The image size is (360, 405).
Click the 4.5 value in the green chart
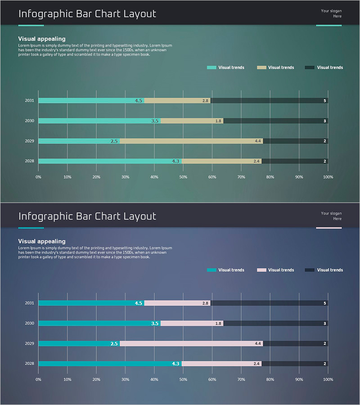tap(139, 101)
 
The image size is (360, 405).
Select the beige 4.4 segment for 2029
tap(191, 141)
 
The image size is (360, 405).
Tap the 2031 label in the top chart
tap(29, 101)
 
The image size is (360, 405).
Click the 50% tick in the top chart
tap(183, 177)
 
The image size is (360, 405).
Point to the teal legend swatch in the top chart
tap(211, 67)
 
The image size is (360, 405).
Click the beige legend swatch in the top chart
tap(261, 67)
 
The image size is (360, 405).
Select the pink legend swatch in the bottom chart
tap(261, 270)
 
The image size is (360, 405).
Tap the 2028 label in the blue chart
tap(29, 364)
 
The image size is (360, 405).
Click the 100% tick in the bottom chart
tap(328, 380)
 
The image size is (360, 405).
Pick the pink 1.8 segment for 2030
tap(192, 324)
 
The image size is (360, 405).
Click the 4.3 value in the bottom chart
tap(175, 364)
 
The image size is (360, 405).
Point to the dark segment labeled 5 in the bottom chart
tap(269, 303)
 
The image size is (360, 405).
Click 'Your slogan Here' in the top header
tap(331, 13)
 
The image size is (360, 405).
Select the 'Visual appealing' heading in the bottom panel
tap(42, 242)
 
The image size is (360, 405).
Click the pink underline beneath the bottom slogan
tap(328, 228)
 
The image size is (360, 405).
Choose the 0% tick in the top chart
tap(38, 177)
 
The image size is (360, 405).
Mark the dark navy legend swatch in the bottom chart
tap(309, 270)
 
